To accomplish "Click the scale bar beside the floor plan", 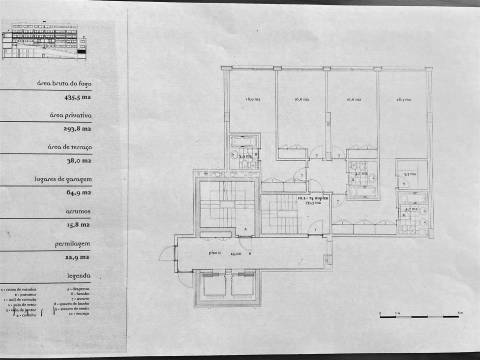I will [419, 315].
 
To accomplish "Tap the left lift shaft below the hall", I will [213, 287].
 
